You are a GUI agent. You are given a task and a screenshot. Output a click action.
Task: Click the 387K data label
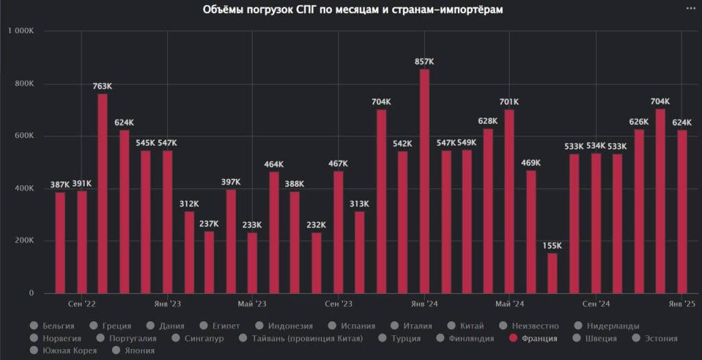pyautogui.click(x=60, y=186)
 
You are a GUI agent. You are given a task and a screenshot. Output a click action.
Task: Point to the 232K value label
pyautogui.click(x=317, y=226)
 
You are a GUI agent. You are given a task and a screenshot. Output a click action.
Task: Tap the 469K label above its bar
pyautogui.click(x=531, y=163)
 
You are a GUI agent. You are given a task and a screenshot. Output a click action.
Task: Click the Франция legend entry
pyautogui.click(x=538, y=338)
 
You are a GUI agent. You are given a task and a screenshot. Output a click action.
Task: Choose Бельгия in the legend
pyautogui.click(x=58, y=326)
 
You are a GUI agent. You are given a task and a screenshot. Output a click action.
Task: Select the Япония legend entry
pyautogui.click(x=139, y=350)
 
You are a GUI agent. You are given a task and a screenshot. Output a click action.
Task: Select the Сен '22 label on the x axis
pyautogui.click(x=82, y=304)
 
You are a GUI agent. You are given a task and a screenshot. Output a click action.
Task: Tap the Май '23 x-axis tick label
pyautogui.click(x=252, y=304)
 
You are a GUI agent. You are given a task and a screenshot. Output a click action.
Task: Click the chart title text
pyautogui.click(x=352, y=10)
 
